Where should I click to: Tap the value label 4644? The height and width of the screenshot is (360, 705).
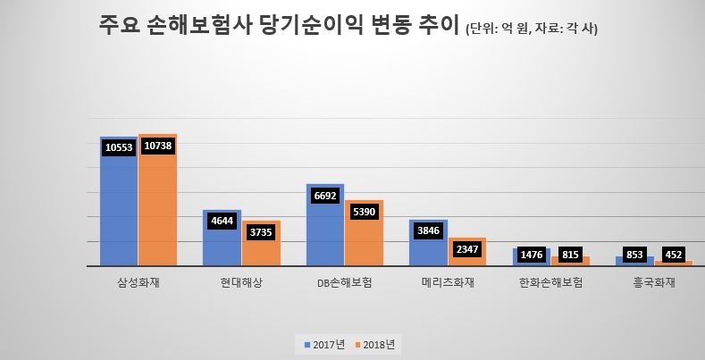(x=223, y=221)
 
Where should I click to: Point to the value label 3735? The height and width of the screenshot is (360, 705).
(x=261, y=231)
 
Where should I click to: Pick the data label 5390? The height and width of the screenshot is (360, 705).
(x=364, y=213)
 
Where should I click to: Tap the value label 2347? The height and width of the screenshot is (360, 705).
(x=467, y=248)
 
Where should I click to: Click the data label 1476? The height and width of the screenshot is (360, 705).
(x=533, y=255)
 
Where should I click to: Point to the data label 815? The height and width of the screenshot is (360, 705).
(x=571, y=255)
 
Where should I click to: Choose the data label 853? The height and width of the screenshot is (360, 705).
(x=635, y=255)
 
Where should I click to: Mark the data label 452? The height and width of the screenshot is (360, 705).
(x=672, y=255)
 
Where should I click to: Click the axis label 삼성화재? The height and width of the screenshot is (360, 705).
(x=138, y=283)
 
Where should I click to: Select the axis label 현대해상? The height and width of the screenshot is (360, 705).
(x=242, y=283)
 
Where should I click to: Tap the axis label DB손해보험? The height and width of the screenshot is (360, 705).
(x=345, y=283)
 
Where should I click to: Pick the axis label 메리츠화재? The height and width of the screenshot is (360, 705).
(x=449, y=283)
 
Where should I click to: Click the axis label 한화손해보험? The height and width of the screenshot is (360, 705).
(x=551, y=283)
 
